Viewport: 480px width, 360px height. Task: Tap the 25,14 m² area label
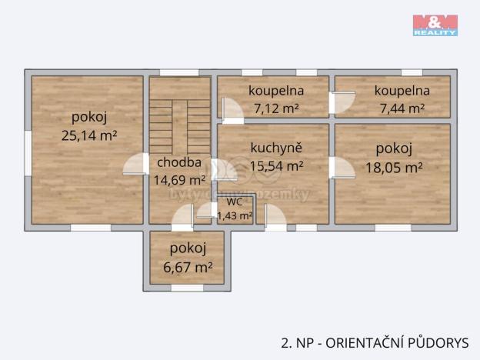tap(88, 136)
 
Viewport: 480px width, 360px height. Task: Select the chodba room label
tap(180, 162)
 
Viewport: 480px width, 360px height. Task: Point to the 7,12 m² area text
tap(273, 108)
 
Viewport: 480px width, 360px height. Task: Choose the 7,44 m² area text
tap(402, 108)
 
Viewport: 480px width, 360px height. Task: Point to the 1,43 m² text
tap(235, 215)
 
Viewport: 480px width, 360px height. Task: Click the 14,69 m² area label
tap(179, 180)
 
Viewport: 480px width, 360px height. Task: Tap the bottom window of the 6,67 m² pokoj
tap(187, 288)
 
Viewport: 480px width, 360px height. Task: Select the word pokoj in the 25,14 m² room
tap(88, 118)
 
